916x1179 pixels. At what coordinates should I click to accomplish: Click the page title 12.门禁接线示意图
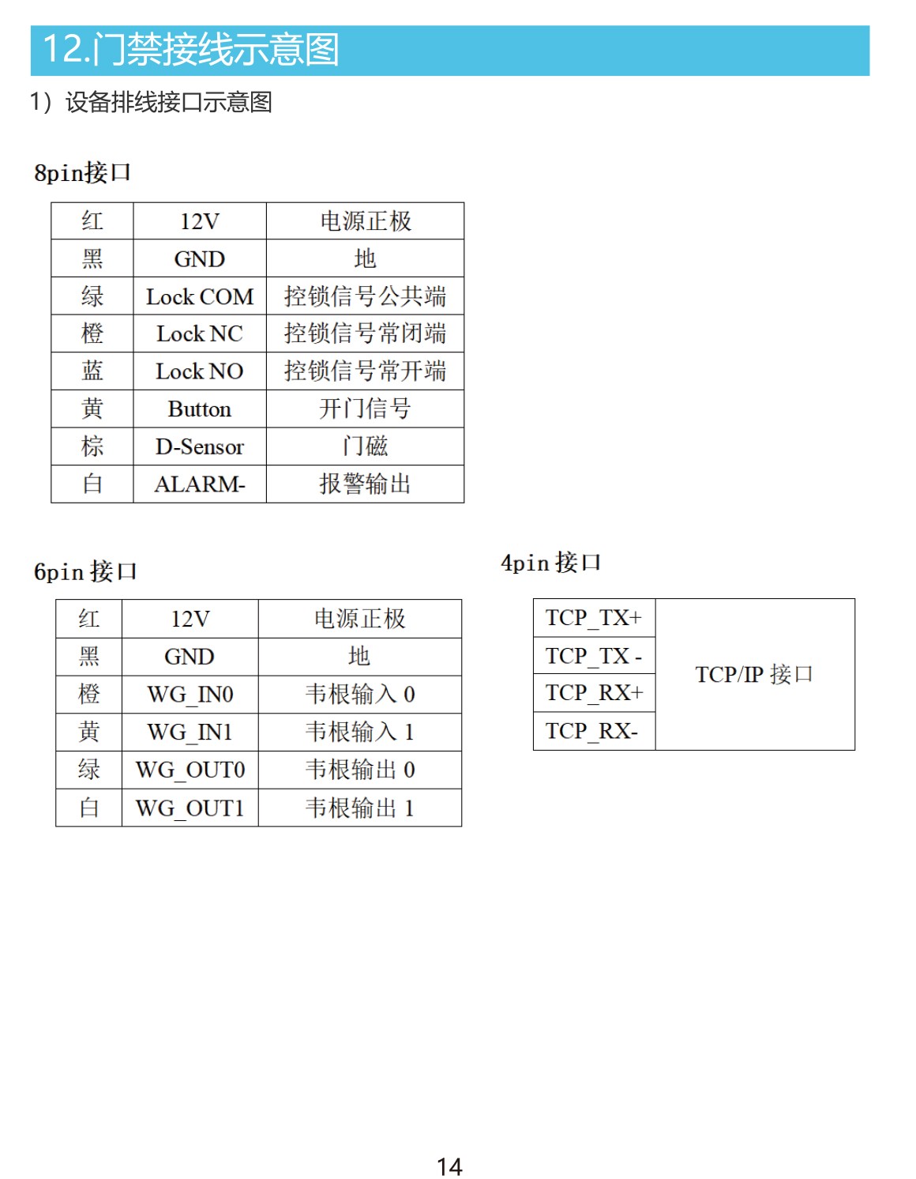191,49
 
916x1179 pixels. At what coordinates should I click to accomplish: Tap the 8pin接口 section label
82,172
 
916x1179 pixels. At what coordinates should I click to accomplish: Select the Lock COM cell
200,297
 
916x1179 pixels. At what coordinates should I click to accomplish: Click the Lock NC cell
200,333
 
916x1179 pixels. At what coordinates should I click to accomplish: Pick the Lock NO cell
200,371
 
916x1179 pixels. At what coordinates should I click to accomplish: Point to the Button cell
200,409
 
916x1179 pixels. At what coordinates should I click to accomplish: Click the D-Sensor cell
200,446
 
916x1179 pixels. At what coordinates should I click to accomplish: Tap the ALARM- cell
200,484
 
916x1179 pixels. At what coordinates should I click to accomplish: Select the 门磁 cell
366,446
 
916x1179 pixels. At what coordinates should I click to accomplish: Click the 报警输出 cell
366,484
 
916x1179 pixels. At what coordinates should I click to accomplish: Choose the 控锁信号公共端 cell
366,297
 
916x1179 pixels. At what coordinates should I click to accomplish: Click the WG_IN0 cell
190,695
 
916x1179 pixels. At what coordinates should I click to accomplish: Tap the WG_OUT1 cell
190,808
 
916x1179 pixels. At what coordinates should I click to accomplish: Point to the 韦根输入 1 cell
360,732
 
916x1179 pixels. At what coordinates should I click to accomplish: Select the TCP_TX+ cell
594,618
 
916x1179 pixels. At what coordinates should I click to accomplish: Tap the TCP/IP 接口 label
754,674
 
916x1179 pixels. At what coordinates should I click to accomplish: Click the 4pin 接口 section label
550,563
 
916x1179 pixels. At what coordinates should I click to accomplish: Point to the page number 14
450,1167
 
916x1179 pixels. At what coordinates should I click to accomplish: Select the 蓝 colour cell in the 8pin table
92,371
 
